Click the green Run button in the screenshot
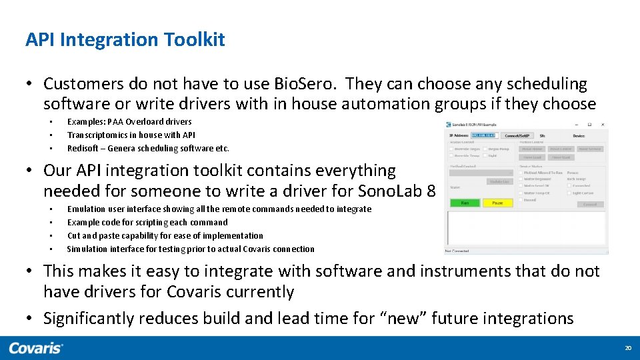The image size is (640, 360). (x=465, y=203)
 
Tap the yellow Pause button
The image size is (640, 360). (x=497, y=203)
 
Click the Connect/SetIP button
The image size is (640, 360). (x=518, y=135)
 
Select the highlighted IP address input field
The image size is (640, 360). (x=484, y=135)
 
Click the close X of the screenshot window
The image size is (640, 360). (x=603, y=125)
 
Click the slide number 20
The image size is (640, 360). (x=627, y=349)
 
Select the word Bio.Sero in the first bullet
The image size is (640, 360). (x=308, y=84)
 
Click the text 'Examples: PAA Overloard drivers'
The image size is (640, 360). (x=129, y=122)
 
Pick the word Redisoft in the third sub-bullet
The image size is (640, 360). (x=83, y=149)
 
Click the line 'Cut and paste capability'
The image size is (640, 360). (x=165, y=236)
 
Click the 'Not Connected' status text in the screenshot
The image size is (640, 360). (x=458, y=251)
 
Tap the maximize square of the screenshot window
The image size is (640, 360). (x=589, y=125)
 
